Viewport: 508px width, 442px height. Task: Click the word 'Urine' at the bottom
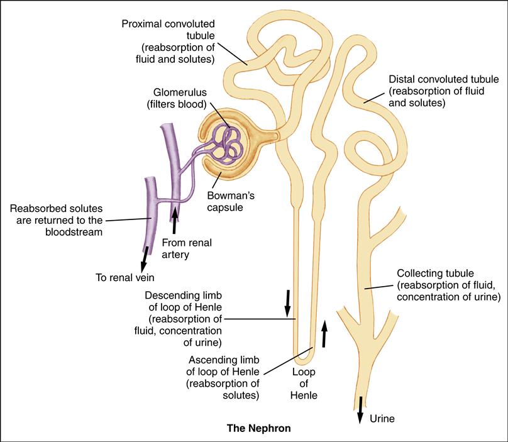point(382,417)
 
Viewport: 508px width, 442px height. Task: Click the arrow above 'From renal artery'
point(175,221)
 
